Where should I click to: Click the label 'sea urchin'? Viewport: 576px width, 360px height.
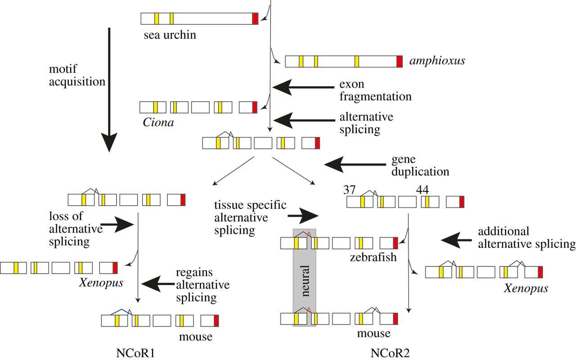[x=170, y=35]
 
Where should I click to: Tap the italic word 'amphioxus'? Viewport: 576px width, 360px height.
[x=437, y=61]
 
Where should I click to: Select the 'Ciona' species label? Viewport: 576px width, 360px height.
[x=158, y=122]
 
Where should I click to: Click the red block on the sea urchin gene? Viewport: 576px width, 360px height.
[x=255, y=18]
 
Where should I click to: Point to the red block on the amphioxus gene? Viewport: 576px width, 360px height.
[x=400, y=61]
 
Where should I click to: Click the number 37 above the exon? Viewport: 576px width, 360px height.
[x=350, y=190]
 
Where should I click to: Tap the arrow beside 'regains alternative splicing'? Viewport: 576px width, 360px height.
[x=158, y=283]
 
